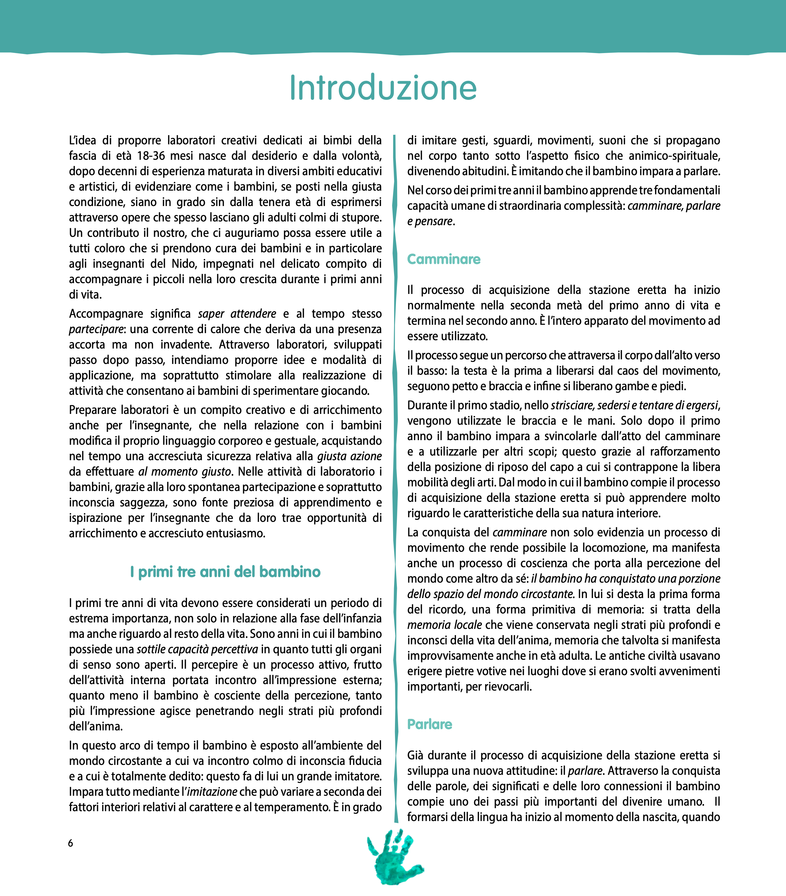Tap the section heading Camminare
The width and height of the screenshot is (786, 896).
pos(444,259)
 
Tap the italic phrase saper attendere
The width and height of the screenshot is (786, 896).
pos(237,314)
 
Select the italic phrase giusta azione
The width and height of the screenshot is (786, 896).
pos(349,456)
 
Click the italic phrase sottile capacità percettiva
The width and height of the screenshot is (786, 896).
pos(197,649)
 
